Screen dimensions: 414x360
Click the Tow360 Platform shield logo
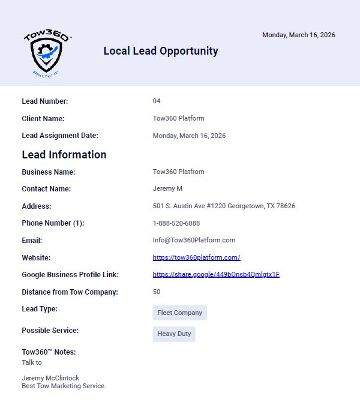(x=47, y=53)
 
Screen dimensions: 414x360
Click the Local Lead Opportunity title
(x=161, y=51)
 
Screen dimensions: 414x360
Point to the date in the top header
(x=298, y=35)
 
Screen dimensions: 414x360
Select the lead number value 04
(x=157, y=101)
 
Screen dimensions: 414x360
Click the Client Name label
(x=43, y=119)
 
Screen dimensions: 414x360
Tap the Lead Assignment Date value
(x=189, y=136)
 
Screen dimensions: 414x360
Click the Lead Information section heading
(x=64, y=155)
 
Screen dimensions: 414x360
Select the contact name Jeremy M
(x=167, y=189)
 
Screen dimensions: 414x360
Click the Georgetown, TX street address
(x=224, y=206)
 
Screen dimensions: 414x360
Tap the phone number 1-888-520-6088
(x=176, y=223)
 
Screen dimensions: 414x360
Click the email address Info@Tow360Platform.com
(x=194, y=241)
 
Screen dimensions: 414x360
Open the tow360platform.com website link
(x=196, y=258)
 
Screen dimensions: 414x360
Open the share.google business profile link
(x=216, y=275)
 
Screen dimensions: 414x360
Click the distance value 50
(x=157, y=292)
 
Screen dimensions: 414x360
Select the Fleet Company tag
(x=180, y=313)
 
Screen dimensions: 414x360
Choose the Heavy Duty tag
(x=174, y=334)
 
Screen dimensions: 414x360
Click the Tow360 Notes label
(x=49, y=352)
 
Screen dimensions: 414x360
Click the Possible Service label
(x=50, y=331)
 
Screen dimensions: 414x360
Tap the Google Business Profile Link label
(x=70, y=275)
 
